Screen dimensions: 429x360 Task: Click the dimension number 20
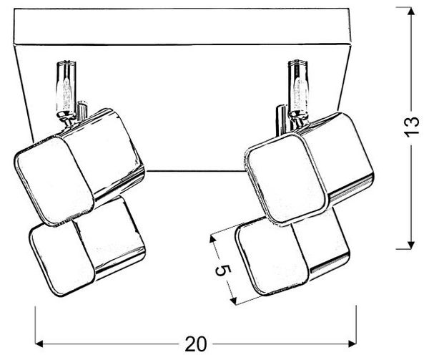[x=196, y=344]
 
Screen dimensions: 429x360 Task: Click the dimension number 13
[x=412, y=127]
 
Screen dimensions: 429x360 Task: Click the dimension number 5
[x=223, y=271]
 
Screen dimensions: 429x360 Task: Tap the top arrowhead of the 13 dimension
[x=410, y=11]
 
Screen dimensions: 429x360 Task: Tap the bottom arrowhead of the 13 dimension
[x=410, y=245]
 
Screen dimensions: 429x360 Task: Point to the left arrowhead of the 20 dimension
[x=40, y=344]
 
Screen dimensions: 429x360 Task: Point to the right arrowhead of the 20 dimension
[x=352, y=344]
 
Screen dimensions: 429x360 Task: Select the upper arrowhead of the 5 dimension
[x=212, y=239]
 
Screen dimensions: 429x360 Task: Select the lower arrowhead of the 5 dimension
[x=233, y=301]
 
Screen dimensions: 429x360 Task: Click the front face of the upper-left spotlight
[x=54, y=181]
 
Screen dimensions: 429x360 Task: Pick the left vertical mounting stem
[x=66, y=87]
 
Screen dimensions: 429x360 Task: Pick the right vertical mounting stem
[x=298, y=86]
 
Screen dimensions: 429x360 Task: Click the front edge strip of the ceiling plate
[x=182, y=26]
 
